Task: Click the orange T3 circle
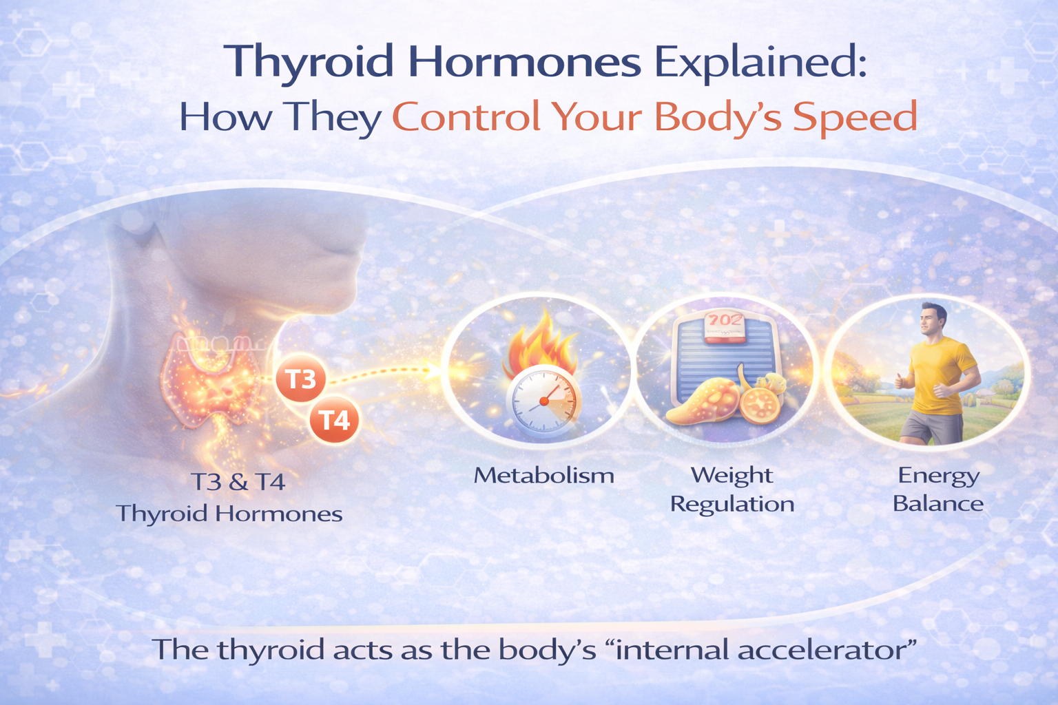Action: (x=300, y=379)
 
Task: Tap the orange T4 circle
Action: (x=334, y=419)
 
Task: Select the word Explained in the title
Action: (x=759, y=62)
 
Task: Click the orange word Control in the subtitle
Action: (x=466, y=117)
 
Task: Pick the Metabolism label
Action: (x=543, y=475)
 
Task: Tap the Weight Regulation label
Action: (x=732, y=489)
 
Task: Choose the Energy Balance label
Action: (x=937, y=489)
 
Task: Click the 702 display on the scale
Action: (x=725, y=321)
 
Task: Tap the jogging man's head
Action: (x=933, y=319)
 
